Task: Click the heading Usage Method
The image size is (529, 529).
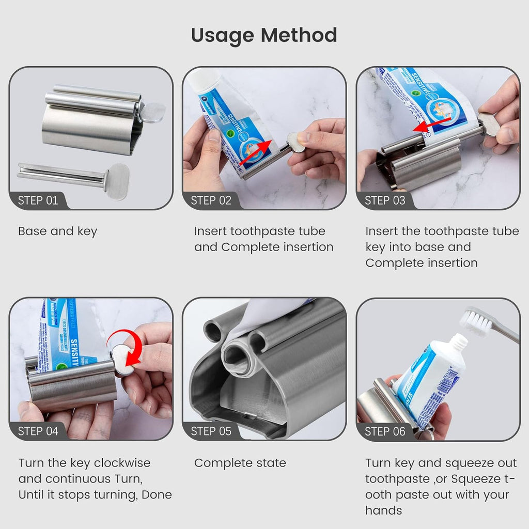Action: (x=264, y=35)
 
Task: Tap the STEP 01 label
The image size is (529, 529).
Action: (x=38, y=200)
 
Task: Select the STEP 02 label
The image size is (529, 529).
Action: (x=211, y=200)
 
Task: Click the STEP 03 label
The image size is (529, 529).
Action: (x=385, y=200)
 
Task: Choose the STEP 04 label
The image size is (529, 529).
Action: (x=38, y=431)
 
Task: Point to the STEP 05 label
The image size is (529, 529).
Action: (x=211, y=431)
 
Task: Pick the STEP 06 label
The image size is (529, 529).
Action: (x=385, y=431)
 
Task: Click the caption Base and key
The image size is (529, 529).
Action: (x=57, y=231)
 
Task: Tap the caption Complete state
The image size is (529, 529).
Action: (x=240, y=463)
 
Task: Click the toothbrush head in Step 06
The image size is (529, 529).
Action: (x=478, y=321)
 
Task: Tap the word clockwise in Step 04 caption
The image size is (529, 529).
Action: (x=122, y=463)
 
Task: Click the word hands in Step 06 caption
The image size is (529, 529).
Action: (x=383, y=510)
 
